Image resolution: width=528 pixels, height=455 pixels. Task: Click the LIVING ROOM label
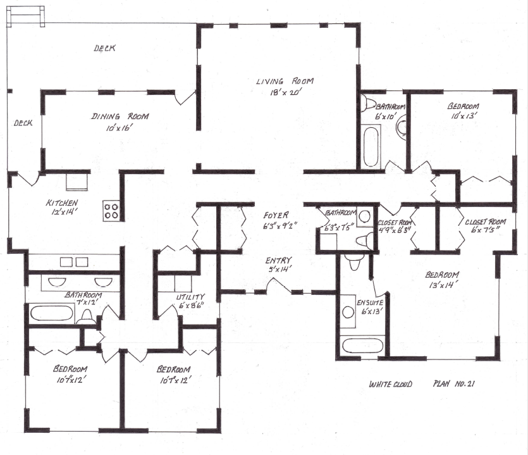[285, 81]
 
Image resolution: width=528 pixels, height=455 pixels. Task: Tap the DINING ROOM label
[120, 116]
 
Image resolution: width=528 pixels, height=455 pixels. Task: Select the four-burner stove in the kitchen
[111, 210]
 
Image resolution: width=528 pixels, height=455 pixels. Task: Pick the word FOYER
[277, 215]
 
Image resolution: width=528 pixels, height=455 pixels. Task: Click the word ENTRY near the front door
[278, 259]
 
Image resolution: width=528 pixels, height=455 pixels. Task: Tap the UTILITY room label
[190, 297]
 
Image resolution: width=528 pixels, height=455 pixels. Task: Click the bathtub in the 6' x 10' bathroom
[371, 146]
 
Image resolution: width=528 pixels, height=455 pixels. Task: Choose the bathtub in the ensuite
[362, 346]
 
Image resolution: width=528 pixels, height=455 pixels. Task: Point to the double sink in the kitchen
[73, 262]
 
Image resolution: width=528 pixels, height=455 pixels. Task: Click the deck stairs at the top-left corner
[26, 15]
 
